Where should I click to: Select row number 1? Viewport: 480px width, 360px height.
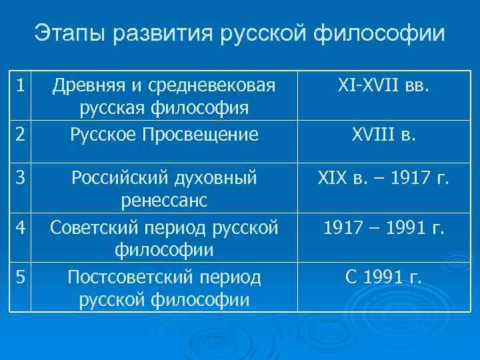pos(21,86)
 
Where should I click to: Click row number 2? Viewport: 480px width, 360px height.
pos(21,135)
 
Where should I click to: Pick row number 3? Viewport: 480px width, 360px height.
pos(21,178)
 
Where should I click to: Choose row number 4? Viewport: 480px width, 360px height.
pos(21,227)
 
